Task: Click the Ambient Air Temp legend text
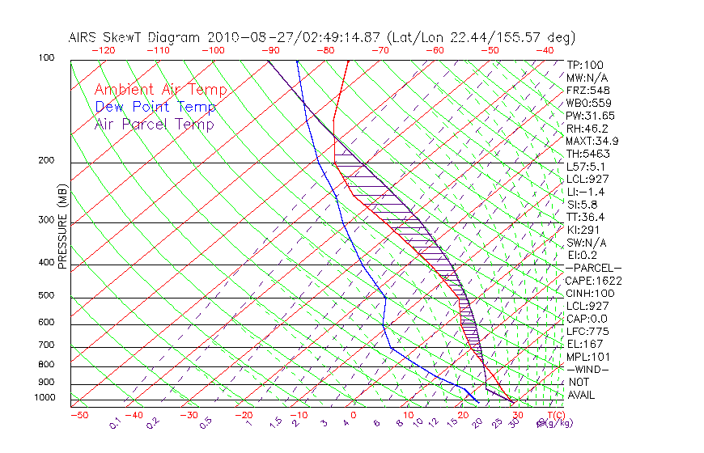point(160,90)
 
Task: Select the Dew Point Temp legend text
point(155,107)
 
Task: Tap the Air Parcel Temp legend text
point(154,124)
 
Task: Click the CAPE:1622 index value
point(594,281)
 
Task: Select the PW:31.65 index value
point(592,116)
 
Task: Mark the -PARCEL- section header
point(593,268)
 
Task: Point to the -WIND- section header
point(588,369)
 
